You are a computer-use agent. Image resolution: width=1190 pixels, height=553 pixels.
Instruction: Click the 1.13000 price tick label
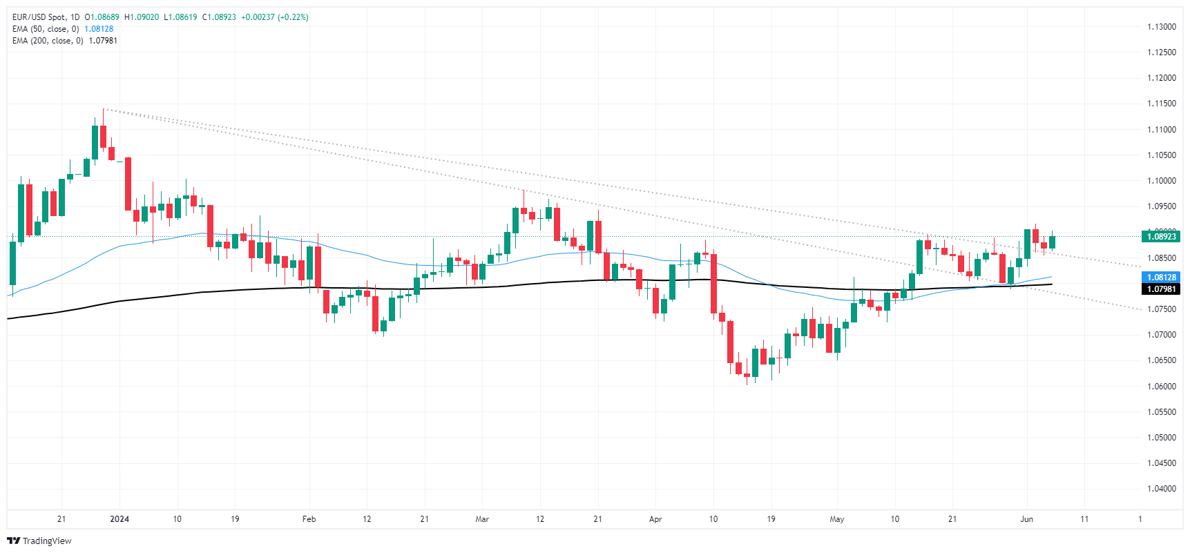(1161, 27)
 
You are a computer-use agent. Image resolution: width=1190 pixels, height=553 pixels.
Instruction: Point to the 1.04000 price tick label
(1161, 489)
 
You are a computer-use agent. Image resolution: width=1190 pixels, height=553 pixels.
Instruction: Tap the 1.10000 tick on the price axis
(1161, 181)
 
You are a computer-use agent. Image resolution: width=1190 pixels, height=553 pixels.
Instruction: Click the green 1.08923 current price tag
(1161, 237)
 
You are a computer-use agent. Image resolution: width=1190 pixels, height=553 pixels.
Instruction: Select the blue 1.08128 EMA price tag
(1161, 278)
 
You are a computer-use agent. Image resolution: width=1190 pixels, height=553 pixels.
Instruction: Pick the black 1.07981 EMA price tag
(1161, 289)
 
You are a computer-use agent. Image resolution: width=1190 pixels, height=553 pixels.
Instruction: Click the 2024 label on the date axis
(119, 519)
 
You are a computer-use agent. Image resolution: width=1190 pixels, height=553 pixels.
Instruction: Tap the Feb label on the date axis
(309, 519)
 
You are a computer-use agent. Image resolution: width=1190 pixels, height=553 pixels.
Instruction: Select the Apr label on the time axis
(655, 519)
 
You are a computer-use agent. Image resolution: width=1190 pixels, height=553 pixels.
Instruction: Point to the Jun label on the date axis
(1026, 519)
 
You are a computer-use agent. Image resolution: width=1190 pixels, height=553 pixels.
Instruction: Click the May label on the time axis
(837, 519)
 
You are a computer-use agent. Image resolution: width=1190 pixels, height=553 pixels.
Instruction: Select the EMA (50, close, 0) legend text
(46, 29)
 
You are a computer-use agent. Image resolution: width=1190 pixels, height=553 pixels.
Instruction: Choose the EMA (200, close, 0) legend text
(48, 41)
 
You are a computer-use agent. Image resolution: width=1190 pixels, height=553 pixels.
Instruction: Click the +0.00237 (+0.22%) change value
(274, 17)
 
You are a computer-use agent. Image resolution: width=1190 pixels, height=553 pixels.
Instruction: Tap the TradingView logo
(39, 541)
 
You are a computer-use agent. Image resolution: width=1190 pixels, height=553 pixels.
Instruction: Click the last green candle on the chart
(1052, 242)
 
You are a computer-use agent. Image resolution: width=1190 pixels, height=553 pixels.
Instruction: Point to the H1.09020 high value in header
(141, 17)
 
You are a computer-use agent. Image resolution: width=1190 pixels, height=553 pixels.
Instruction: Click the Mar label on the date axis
(482, 519)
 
